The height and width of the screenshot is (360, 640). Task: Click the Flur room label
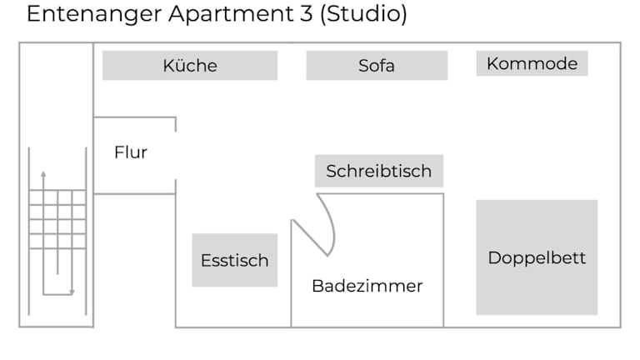pyautogui.click(x=131, y=152)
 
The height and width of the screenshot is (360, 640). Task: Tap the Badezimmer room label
pyautogui.click(x=367, y=286)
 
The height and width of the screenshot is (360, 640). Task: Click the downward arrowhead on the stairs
pyautogui.click(x=72, y=292)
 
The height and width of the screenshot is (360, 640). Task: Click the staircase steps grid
pyautogui.click(x=57, y=219)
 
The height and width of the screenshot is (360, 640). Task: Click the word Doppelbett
pyautogui.click(x=537, y=257)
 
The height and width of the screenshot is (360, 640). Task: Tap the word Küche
pyautogui.click(x=190, y=66)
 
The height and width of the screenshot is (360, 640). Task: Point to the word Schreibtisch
pyautogui.click(x=378, y=172)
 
